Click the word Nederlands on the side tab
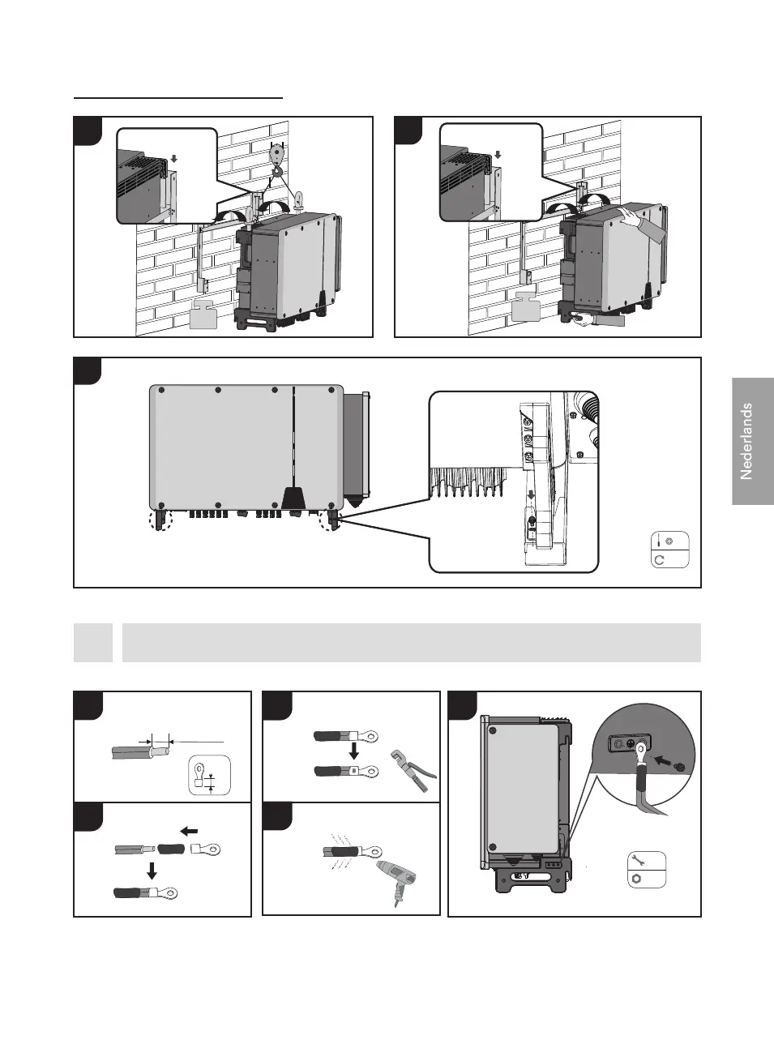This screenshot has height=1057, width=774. (746, 441)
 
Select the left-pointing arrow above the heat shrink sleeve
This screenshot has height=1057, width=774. (188, 831)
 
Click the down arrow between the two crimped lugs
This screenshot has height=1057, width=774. (354, 752)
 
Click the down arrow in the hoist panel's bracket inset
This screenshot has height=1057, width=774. (173, 160)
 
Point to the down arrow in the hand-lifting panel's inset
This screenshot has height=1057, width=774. (498, 155)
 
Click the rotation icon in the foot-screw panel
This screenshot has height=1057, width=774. (660, 559)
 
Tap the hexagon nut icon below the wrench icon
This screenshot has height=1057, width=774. (638, 879)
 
